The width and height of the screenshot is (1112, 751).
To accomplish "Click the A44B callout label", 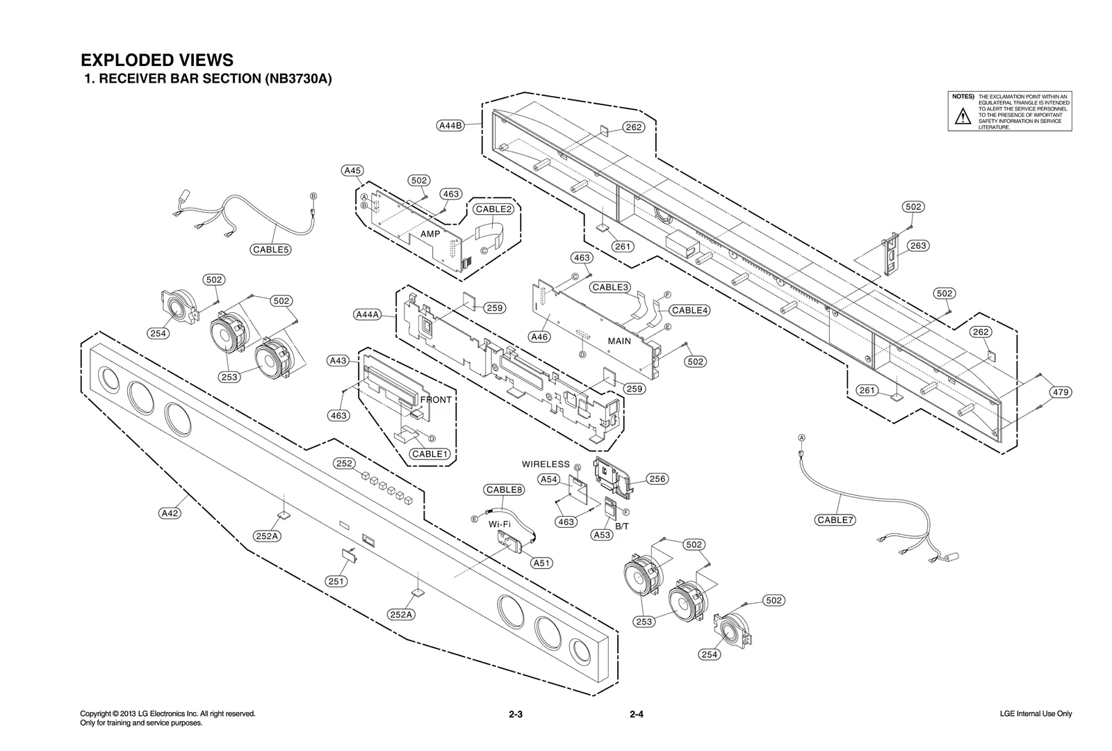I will [x=450, y=126].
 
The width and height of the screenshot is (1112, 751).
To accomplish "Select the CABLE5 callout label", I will [x=270, y=250].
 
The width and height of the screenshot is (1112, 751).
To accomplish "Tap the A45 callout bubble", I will [x=352, y=170].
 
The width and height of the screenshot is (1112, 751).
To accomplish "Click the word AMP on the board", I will [x=430, y=234].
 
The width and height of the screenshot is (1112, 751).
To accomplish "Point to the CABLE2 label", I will [x=493, y=209].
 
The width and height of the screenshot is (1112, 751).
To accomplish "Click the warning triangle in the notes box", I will [x=962, y=116].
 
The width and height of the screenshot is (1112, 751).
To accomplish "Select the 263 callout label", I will [x=918, y=245].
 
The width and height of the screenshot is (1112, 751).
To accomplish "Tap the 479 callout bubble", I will [x=1060, y=392].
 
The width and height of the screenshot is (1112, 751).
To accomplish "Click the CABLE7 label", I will [x=835, y=520].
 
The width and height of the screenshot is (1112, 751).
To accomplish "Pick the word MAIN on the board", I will [x=619, y=341].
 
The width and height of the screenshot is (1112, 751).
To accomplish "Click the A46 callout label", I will [x=539, y=337].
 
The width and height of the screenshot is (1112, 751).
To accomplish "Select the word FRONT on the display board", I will [x=436, y=400].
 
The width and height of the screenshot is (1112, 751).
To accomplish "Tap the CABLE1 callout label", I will [x=430, y=454].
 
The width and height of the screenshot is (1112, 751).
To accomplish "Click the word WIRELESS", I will [x=546, y=464].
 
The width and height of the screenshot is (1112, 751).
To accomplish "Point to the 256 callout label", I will [x=657, y=478].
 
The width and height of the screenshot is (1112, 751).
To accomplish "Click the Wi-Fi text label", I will [x=500, y=524].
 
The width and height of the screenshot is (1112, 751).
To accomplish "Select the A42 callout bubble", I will [x=170, y=513].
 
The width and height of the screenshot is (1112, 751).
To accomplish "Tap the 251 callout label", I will [x=336, y=581].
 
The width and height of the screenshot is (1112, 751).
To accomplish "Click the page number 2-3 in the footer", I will [x=515, y=714].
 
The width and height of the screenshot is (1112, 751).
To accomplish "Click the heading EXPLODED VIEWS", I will [x=157, y=60].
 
